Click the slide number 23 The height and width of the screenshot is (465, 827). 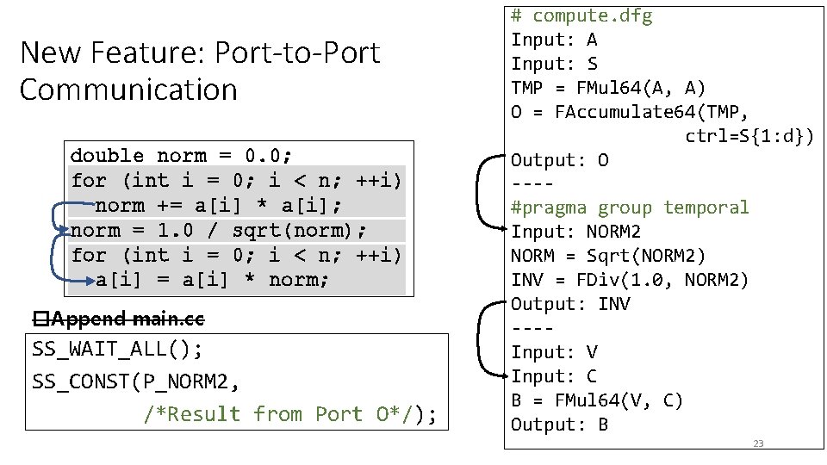pos(758,443)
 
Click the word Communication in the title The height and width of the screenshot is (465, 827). pos(128,90)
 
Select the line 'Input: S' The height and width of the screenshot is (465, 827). pos(554,64)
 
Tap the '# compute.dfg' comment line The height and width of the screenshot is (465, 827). pos(581,15)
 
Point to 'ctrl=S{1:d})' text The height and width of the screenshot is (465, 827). pos(749,136)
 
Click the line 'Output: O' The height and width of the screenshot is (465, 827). pos(560,160)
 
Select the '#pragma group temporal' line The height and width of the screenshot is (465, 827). pos(630,208)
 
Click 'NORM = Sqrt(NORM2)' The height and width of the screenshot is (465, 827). pos(608,256)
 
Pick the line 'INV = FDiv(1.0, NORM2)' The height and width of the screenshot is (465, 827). pos(630,280)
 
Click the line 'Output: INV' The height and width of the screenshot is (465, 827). pos(570,304)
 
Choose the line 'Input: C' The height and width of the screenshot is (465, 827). pos(554,376)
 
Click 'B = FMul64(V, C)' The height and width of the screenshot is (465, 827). pos(597,400)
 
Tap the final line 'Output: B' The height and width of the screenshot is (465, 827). pos(560,425)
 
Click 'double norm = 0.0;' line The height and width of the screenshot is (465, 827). pos(181,156)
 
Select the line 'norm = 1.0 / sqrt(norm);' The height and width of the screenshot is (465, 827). pos(219,231)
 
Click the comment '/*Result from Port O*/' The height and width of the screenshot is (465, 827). pos(277,414)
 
